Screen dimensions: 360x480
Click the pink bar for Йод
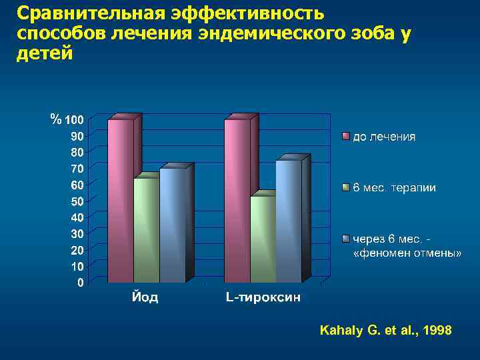pyautogui.click(x=120, y=200)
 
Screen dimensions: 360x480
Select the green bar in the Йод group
pyautogui.click(x=146, y=230)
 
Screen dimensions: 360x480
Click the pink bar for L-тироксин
pyautogui.click(x=237, y=200)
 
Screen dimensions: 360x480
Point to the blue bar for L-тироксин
pyautogui.click(x=288, y=221)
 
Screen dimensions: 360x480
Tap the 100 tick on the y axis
pyautogui.click(x=74, y=120)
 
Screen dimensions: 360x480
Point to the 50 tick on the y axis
pyautogui.click(x=77, y=201)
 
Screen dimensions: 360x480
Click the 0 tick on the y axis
pyautogui.click(x=80, y=283)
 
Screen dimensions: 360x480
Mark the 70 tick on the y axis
pyautogui.click(x=77, y=169)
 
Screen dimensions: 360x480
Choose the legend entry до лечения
pyautogui.click(x=383, y=137)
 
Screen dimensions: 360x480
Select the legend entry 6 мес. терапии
pyautogui.click(x=394, y=188)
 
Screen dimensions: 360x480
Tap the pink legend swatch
pyautogui.click(x=345, y=137)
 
